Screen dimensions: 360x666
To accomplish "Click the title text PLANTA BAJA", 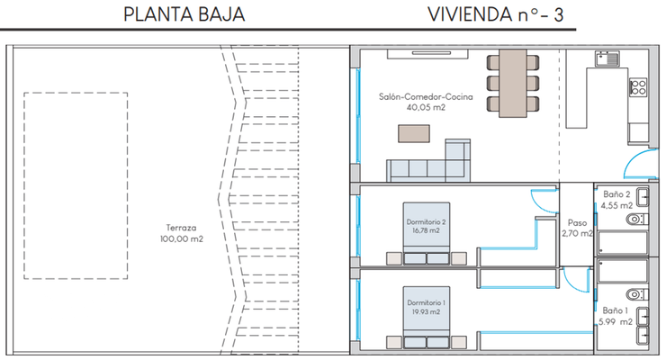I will tap(183, 15).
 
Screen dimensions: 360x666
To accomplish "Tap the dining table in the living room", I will tap(514, 81).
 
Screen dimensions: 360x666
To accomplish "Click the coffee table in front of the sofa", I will tap(415, 133).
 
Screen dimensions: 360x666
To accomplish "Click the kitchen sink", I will tap(606, 59).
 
